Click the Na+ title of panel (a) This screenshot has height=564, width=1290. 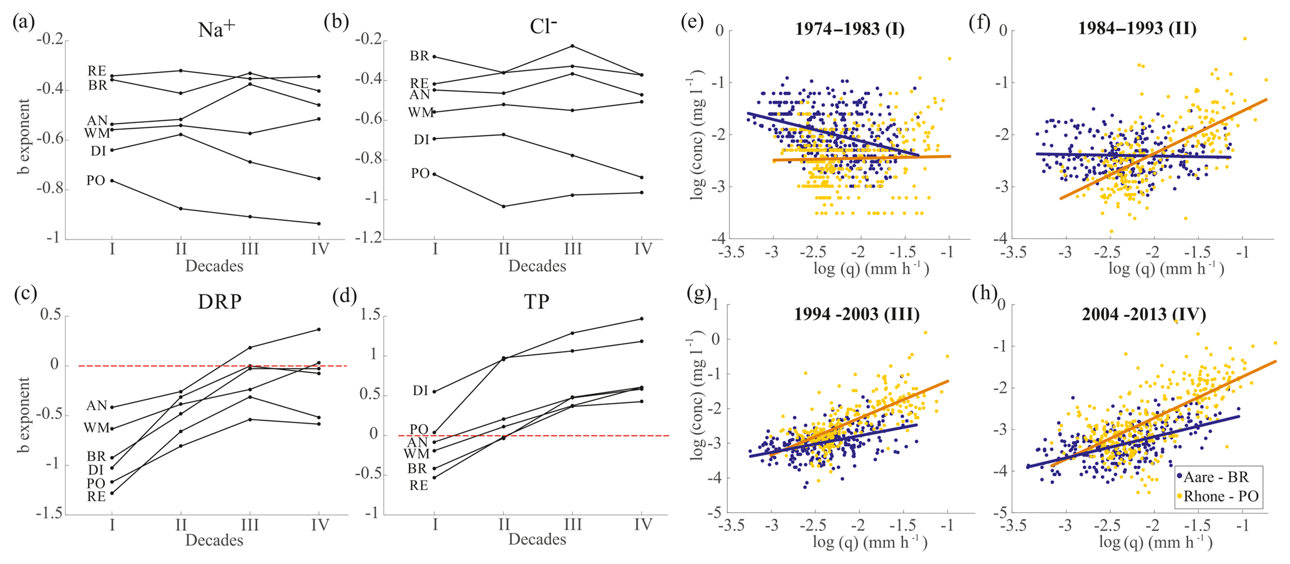click(216, 29)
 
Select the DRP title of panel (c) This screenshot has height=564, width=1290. click(220, 302)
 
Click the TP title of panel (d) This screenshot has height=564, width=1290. click(537, 302)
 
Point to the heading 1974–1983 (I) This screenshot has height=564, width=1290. click(850, 29)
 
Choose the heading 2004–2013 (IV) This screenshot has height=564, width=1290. click(1144, 314)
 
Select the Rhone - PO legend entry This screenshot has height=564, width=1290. click(1217, 497)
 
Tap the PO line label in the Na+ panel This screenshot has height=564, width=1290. click(95, 181)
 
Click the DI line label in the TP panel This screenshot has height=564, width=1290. click(420, 391)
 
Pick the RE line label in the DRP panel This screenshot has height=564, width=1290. click(96, 497)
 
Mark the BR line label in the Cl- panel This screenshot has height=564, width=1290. click(419, 56)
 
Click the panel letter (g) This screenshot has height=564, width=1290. click(698, 293)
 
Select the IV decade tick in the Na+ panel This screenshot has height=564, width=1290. click(319, 249)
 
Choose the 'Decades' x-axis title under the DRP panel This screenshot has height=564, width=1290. click(214, 540)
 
